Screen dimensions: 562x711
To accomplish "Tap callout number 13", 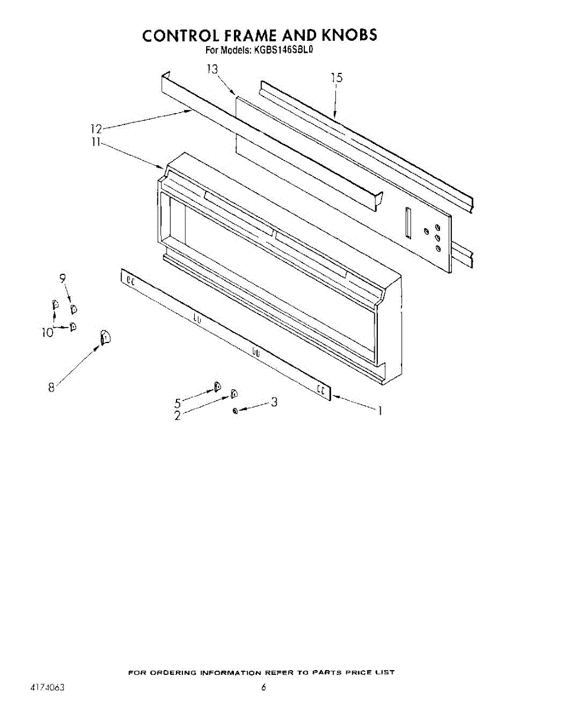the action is click(213, 69).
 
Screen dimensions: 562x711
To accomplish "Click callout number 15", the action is click(336, 77).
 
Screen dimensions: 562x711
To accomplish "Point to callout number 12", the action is click(97, 129).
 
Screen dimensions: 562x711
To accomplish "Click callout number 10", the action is click(47, 332).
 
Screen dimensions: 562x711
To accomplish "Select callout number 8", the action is click(52, 387).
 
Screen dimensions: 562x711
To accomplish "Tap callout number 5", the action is click(177, 402).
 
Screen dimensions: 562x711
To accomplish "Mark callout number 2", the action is click(177, 415).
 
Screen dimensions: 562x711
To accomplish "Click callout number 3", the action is click(274, 402).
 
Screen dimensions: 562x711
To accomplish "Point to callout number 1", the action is click(380, 410).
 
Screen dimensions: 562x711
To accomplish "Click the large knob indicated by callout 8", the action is click(104, 337).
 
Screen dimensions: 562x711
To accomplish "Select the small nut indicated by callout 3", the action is click(236, 411).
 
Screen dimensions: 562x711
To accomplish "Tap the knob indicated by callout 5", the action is click(217, 387).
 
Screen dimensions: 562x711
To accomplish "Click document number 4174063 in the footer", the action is click(47, 688).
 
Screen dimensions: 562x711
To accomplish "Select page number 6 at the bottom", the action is click(264, 688).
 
